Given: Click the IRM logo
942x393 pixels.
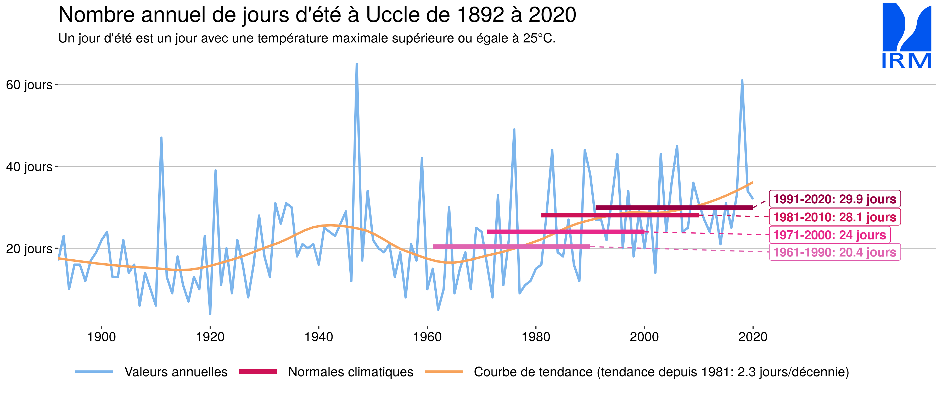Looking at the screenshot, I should (x=906, y=36).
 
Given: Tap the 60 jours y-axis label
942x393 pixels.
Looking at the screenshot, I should (x=29, y=85).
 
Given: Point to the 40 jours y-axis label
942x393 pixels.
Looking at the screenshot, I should (x=29, y=167).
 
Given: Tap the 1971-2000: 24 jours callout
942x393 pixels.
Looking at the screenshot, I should (x=829, y=235).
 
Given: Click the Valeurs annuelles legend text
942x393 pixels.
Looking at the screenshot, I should (x=176, y=372).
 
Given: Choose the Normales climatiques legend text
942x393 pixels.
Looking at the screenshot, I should (x=350, y=372).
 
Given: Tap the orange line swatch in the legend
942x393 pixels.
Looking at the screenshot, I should (x=444, y=372).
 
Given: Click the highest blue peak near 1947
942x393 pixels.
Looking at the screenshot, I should (x=357, y=64).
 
